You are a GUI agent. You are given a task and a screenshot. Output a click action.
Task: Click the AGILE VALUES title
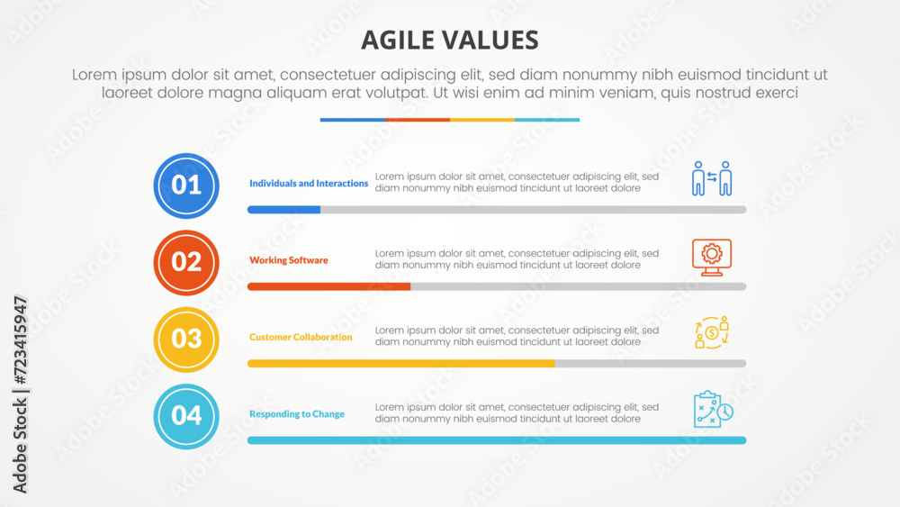click(449, 41)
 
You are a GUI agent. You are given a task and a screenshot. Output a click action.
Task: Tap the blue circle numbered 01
click(186, 186)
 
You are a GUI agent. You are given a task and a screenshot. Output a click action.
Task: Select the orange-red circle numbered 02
click(186, 262)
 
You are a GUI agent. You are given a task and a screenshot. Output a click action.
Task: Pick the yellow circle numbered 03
click(186, 340)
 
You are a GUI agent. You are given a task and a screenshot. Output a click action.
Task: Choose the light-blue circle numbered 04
click(186, 416)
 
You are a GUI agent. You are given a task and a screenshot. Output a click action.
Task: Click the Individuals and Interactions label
click(309, 183)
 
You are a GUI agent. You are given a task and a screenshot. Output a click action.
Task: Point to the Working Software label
click(289, 260)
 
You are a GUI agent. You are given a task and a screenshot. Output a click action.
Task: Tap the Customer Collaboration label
click(301, 337)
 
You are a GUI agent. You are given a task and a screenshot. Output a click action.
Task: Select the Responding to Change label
click(297, 414)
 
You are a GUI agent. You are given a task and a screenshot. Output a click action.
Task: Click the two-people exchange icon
click(712, 178)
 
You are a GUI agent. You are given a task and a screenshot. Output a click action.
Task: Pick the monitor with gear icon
click(712, 258)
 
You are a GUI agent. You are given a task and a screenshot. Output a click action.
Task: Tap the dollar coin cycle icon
click(712, 332)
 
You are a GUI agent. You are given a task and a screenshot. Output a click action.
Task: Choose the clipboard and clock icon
click(713, 410)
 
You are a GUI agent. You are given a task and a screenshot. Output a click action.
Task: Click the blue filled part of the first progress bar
click(283, 210)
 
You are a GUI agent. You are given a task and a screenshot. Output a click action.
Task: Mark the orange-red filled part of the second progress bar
click(328, 286)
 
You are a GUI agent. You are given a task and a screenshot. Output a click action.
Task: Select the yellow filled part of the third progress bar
click(401, 364)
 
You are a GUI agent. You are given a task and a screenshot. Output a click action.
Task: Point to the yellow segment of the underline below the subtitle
click(482, 120)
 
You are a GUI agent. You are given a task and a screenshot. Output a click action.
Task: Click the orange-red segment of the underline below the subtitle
click(418, 120)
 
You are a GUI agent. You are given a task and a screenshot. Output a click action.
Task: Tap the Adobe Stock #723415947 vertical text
click(20, 394)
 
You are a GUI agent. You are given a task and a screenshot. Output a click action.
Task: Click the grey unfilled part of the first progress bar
click(533, 210)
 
